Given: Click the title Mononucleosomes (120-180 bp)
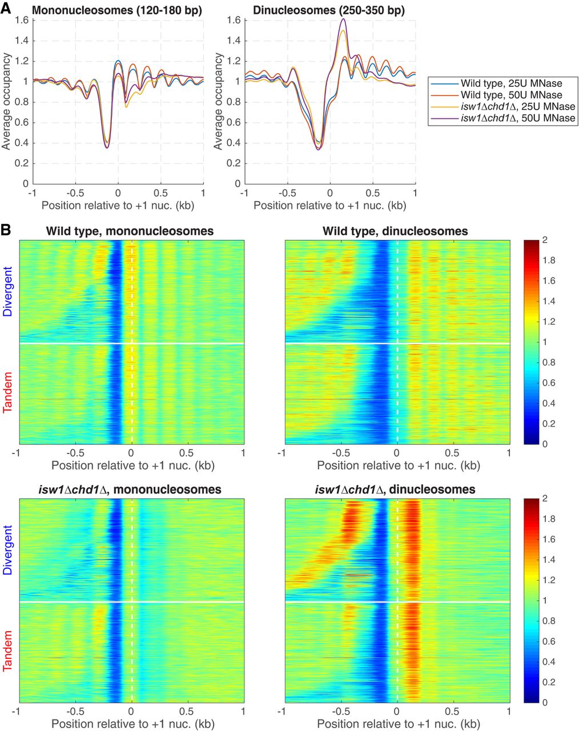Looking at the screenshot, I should [118, 10].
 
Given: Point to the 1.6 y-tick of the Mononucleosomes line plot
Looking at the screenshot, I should [22, 21].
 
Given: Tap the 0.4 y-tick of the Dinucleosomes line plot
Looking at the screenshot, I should [235, 143].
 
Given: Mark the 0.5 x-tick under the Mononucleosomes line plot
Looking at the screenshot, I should [160, 193].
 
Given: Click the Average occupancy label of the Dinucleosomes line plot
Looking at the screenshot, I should [219, 102].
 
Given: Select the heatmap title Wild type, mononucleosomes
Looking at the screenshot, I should [131, 231].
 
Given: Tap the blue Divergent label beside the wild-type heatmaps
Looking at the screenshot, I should [8, 291].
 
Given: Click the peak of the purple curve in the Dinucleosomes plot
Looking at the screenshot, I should [343, 19].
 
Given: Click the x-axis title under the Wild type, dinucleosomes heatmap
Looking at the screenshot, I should [398, 465].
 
